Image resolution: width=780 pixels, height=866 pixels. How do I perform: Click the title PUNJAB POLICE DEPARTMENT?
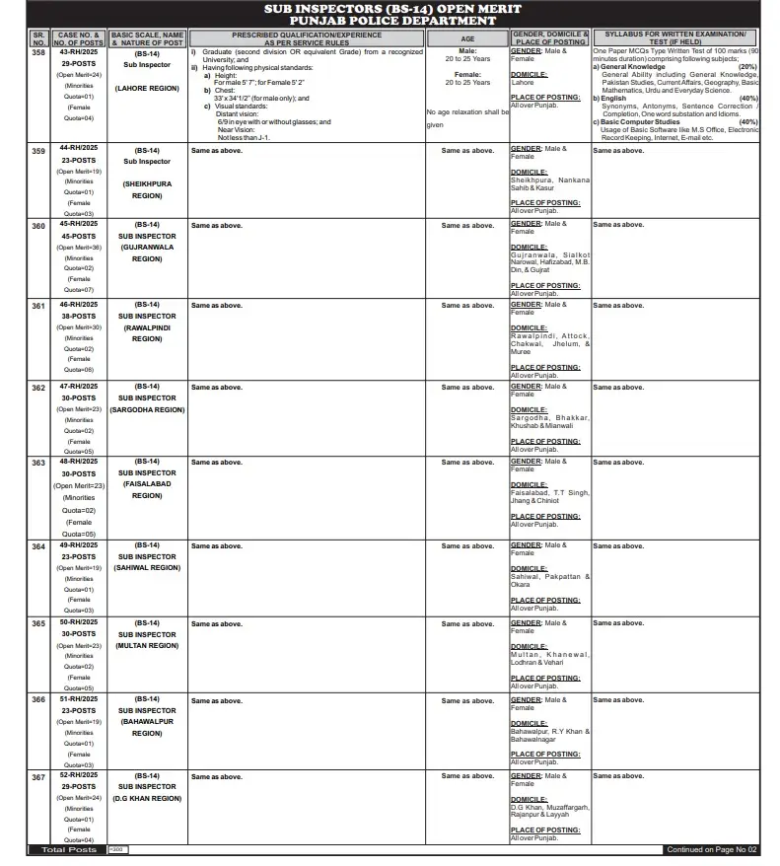click(x=390, y=20)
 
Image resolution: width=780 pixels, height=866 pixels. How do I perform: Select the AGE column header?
click(x=467, y=38)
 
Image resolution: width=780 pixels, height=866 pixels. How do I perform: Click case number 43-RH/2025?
click(x=79, y=53)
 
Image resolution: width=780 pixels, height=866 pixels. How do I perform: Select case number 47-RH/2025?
click(x=79, y=387)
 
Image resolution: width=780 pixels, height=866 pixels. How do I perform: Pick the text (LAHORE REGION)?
click(x=147, y=89)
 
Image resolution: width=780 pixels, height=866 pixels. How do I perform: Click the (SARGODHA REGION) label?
click(x=147, y=408)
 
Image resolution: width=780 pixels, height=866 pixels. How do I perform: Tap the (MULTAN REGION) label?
click(x=147, y=645)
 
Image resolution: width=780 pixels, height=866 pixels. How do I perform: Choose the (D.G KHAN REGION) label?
click(x=147, y=798)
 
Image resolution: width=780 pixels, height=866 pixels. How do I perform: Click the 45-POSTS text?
click(x=79, y=237)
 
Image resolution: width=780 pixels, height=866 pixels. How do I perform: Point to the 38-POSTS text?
click(x=79, y=317)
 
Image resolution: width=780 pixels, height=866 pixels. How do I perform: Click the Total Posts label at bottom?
click(x=68, y=850)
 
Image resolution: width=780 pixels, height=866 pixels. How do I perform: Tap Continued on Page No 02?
click(x=711, y=850)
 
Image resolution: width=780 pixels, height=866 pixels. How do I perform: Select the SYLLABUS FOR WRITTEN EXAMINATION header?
click(x=675, y=35)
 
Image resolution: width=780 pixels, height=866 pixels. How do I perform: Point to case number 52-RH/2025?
click(x=79, y=776)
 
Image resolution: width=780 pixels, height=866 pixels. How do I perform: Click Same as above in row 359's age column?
click(x=467, y=151)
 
